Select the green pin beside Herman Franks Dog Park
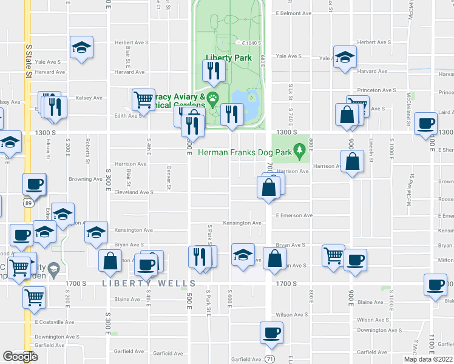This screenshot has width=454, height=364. point(299,149)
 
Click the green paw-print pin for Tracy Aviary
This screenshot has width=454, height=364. point(212,98)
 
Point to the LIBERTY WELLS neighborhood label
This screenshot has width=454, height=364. point(149,283)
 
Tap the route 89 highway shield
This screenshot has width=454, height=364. point(28,204)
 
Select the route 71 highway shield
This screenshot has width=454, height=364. point(269,359)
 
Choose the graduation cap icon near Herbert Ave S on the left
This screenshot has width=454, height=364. point(81,48)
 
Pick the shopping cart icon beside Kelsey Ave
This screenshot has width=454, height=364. point(143,99)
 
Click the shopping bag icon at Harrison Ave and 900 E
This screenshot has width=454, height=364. point(352,161)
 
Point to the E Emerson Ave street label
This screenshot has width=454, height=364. point(294,215)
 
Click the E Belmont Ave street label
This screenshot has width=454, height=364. point(293,13)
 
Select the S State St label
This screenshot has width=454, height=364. point(29,61)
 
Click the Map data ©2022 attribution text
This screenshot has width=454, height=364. point(429,359)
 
